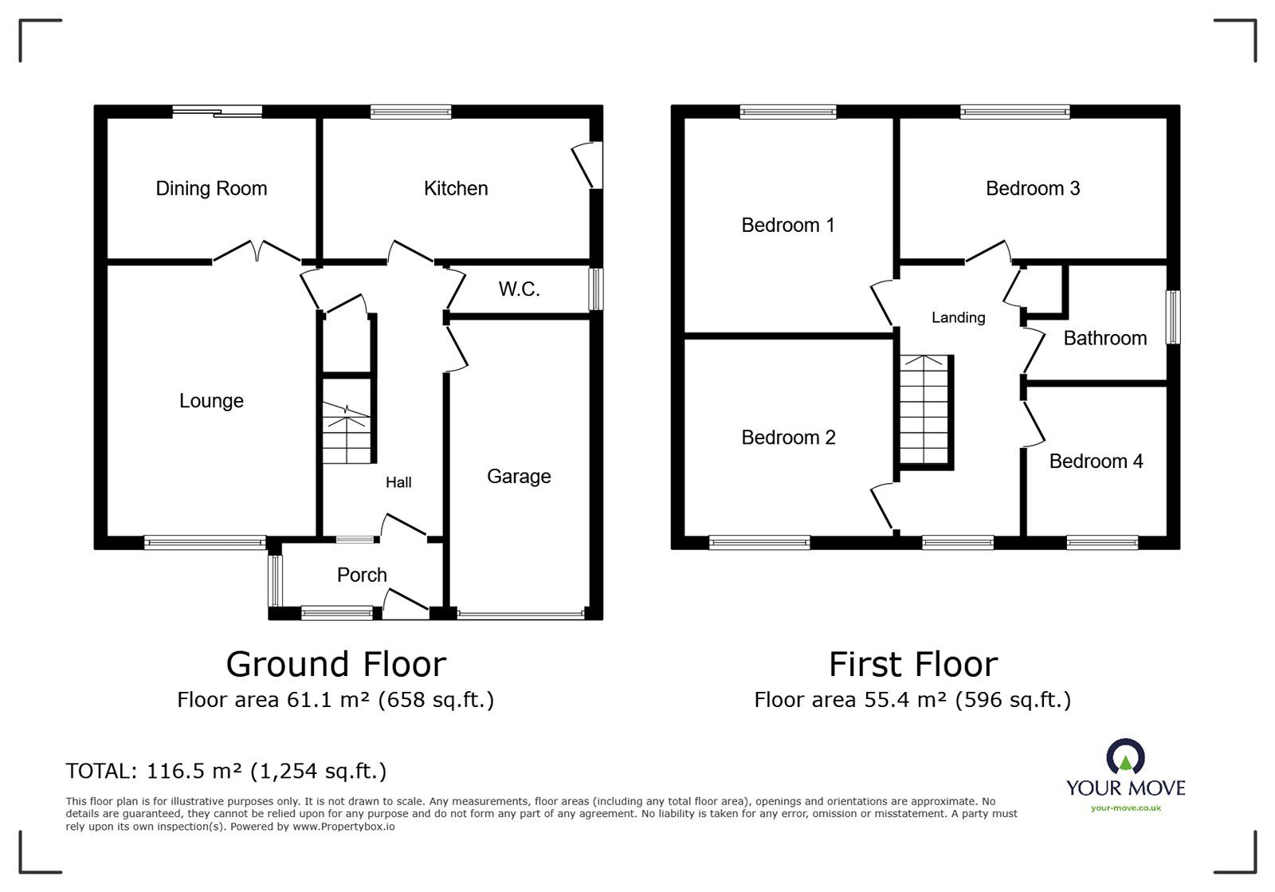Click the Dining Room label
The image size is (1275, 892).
[x=211, y=189]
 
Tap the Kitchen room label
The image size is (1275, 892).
[x=456, y=189]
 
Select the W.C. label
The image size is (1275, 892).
[x=520, y=289]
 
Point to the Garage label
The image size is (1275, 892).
[x=519, y=477]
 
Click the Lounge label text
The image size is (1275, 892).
[x=211, y=401]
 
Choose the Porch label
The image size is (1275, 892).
[x=362, y=576]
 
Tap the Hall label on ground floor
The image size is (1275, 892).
[x=398, y=482]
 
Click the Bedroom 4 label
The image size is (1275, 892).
[x=1096, y=462]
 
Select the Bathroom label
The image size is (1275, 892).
[x=1104, y=338]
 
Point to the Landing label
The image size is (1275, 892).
[x=959, y=318]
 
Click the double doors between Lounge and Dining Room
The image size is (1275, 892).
[x=257, y=250]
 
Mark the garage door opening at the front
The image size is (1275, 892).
[x=520, y=615]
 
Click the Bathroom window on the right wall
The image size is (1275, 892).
[x=1173, y=317]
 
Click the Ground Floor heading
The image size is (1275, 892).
[x=335, y=664]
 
